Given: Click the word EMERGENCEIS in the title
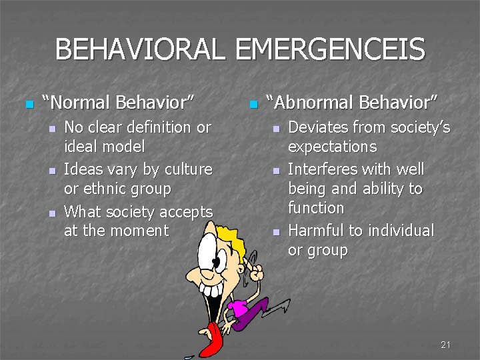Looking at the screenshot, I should click(331, 50).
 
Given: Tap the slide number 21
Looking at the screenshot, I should click(446, 345).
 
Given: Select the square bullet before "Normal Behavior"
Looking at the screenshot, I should click(28, 104).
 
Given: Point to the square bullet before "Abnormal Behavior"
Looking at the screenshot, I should click(252, 104).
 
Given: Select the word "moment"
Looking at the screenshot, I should click(142, 231).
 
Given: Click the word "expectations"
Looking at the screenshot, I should click(332, 147).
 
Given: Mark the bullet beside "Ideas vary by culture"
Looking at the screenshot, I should click(51, 171).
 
